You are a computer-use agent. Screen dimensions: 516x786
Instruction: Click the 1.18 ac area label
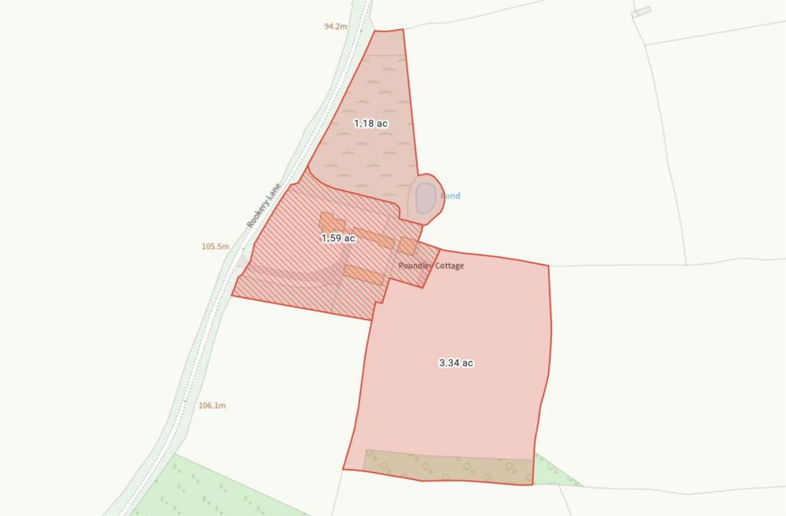coord(370,123)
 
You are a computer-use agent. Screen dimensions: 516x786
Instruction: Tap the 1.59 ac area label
coord(338,238)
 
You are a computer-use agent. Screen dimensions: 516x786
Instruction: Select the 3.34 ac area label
coord(456,362)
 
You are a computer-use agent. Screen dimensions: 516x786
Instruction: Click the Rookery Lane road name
coord(265,203)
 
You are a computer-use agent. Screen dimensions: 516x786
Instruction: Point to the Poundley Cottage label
coord(431,266)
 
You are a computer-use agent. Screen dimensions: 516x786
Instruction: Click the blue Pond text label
coord(451,196)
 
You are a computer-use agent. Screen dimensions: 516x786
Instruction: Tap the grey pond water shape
coord(426,197)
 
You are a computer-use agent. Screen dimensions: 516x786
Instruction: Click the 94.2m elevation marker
coord(335,26)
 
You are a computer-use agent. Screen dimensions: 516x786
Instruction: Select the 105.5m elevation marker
coord(215,246)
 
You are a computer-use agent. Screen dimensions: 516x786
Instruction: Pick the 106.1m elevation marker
coord(212,405)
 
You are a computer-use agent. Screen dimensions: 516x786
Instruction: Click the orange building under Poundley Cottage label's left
coord(364,274)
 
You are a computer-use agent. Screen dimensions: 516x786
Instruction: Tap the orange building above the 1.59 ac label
coord(332,221)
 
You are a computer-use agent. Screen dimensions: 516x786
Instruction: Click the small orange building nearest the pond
coord(407,246)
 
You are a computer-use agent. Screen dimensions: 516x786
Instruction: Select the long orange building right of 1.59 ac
coord(374,238)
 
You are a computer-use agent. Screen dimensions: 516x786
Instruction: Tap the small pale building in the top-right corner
coord(640,12)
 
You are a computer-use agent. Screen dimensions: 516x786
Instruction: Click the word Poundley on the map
coord(414,266)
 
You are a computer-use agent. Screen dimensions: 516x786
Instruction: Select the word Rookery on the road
coord(257,215)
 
